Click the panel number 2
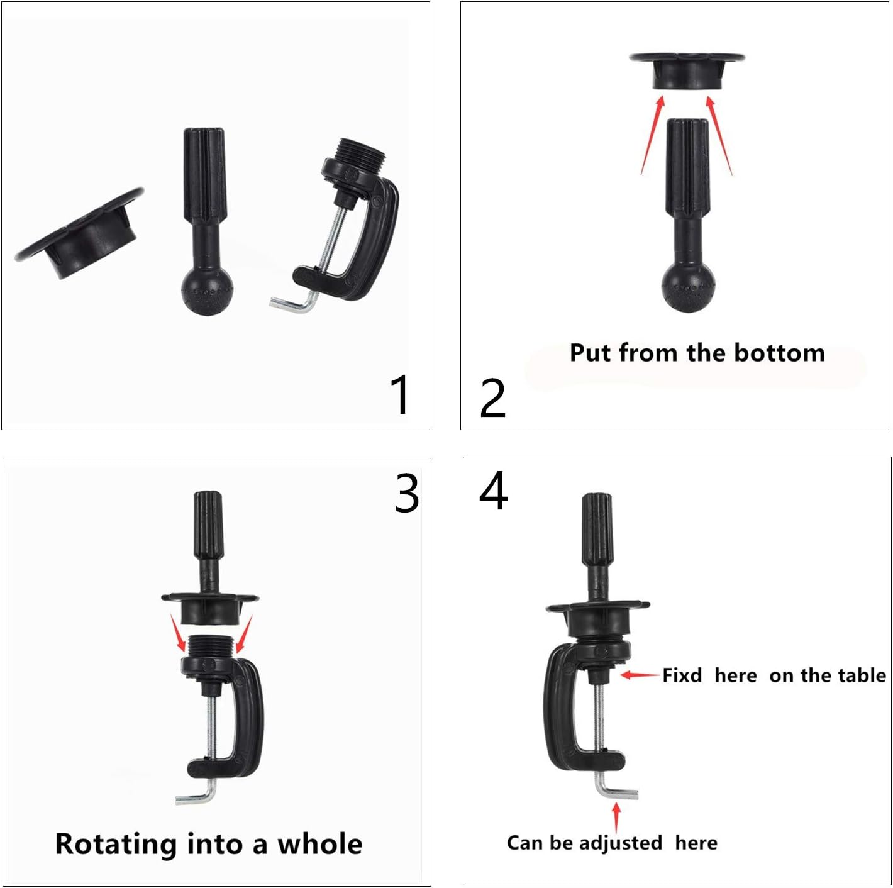(492, 398)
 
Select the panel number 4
(493, 491)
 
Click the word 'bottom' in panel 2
(779, 353)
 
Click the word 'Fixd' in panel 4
(682, 675)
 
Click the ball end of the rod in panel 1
(206, 291)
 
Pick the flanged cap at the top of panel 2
(687, 70)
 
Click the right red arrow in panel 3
(244, 633)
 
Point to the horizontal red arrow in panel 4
(640, 675)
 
